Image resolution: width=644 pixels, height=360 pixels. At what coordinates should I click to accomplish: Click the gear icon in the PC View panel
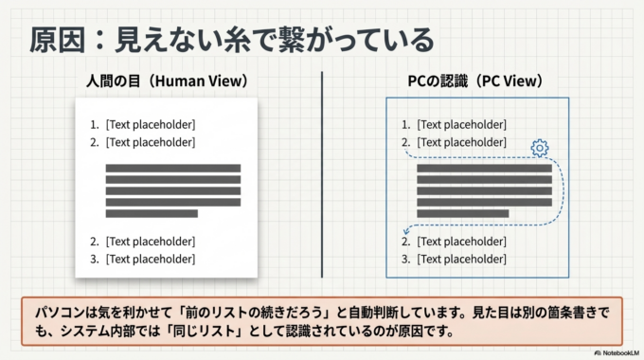pyautogui.click(x=540, y=148)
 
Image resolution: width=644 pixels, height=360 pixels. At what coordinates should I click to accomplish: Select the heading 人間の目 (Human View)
pyautogui.click(x=166, y=81)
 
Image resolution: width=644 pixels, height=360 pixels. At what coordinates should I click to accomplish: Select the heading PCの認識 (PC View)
pyautogui.click(x=476, y=81)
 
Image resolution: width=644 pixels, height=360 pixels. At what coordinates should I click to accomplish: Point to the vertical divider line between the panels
pyautogui.click(x=322, y=175)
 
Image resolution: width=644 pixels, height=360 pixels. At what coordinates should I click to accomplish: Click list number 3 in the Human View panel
pyautogui.click(x=94, y=259)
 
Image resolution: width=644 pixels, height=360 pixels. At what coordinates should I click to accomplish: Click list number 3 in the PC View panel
pyautogui.click(x=405, y=259)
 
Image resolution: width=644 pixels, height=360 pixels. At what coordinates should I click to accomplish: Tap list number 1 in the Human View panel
pyautogui.click(x=94, y=124)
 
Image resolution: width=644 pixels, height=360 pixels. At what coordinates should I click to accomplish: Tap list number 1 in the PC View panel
pyautogui.click(x=405, y=124)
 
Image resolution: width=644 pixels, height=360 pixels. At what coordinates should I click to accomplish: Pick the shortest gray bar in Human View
pyautogui.click(x=152, y=213)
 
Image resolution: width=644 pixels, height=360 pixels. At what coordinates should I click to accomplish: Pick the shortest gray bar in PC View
pyautogui.click(x=462, y=213)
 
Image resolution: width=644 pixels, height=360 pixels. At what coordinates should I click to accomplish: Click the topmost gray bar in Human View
pyautogui.click(x=172, y=168)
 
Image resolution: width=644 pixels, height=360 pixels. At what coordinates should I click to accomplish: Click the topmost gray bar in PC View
pyautogui.click(x=484, y=168)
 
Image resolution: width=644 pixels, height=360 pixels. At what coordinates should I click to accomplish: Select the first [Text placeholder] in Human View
pyautogui.click(x=151, y=124)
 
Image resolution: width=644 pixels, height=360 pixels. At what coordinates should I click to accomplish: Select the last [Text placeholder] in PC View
pyautogui.click(x=462, y=259)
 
